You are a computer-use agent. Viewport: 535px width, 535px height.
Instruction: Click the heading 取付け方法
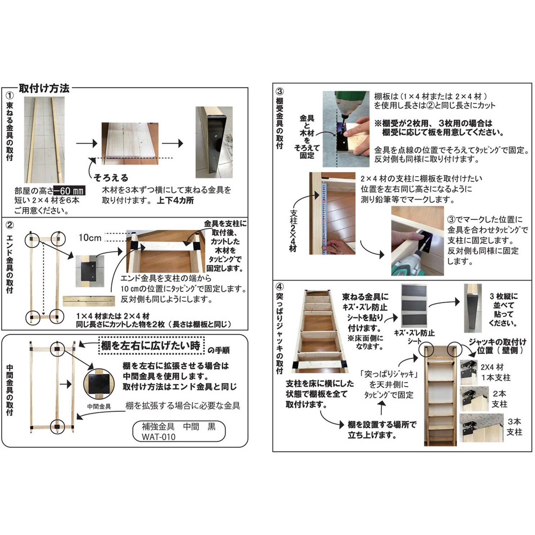click(44, 88)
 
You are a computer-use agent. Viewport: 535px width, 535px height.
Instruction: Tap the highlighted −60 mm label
click(69, 191)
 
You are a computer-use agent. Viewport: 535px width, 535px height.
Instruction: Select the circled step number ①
click(10, 96)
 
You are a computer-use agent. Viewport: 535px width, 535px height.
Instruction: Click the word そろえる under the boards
click(111, 178)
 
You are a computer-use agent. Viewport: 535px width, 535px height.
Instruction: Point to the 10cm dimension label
click(90, 238)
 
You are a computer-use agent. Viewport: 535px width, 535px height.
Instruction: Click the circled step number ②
click(10, 225)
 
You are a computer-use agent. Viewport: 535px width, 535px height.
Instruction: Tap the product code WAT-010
click(159, 437)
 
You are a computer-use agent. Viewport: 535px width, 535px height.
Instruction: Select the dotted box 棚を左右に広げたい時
click(151, 346)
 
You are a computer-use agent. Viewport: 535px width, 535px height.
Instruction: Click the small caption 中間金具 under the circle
click(99, 407)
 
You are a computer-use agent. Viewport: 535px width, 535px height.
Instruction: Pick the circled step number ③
click(279, 92)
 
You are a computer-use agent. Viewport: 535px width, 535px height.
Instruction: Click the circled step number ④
click(279, 287)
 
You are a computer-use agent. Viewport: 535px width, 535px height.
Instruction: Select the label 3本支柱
click(514, 427)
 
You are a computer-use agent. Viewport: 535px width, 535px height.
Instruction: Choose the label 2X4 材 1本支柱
click(495, 372)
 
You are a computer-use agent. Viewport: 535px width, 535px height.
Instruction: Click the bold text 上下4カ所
click(175, 200)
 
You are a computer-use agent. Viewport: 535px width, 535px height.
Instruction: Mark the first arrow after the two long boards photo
click(87, 143)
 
